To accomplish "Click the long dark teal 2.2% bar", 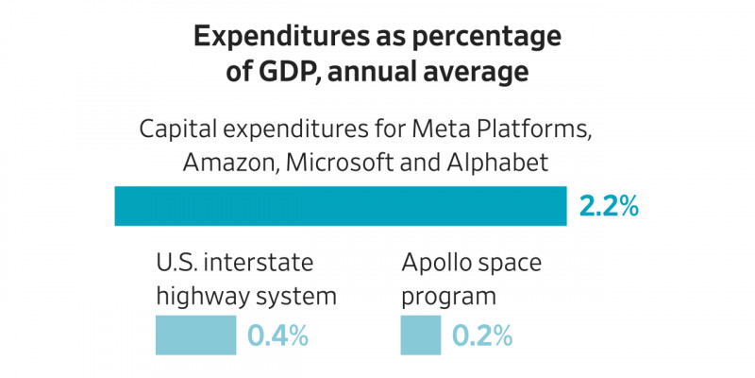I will click(x=340, y=206).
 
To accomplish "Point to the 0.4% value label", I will click(x=278, y=335).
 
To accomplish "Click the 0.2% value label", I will click(x=481, y=335).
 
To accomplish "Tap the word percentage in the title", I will click(x=488, y=37).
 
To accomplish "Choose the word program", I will click(x=449, y=296).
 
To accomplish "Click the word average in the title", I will click(x=502, y=71).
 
